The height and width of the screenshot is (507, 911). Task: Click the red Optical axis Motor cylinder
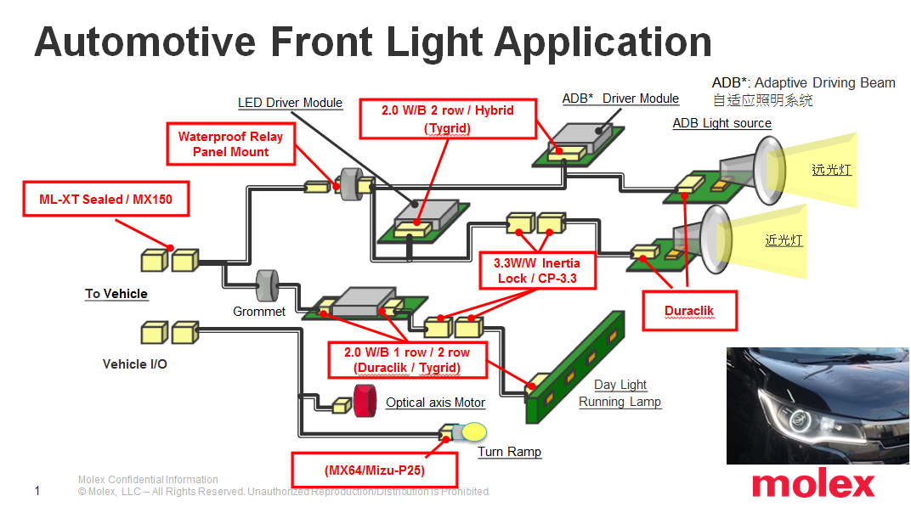click(x=365, y=402)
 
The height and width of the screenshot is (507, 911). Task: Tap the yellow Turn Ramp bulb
click(x=472, y=431)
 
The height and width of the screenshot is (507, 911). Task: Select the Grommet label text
click(x=259, y=312)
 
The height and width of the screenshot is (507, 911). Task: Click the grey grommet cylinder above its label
click(x=269, y=284)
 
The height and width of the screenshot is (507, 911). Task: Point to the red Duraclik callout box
click(x=689, y=311)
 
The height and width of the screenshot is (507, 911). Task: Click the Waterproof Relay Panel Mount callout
click(x=230, y=144)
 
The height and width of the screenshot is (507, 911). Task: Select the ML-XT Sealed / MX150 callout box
click(x=105, y=200)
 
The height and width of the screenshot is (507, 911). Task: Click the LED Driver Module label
click(x=290, y=103)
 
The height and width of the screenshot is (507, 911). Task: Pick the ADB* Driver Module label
click(x=620, y=99)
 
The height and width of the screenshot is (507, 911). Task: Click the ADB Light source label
click(x=721, y=123)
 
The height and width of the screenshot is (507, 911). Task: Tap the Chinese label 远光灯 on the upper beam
click(x=830, y=170)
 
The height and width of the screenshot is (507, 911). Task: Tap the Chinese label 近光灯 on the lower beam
click(x=784, y=240)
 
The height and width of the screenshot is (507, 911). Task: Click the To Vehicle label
click(x=116, y=294)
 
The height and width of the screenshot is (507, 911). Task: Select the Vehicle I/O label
click(x=135, y=363)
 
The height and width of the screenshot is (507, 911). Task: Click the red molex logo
click(x=812, y=484)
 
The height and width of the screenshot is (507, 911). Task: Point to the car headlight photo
click(x=818, y=405)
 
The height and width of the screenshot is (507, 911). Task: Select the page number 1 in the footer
click(x=37, y=491)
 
